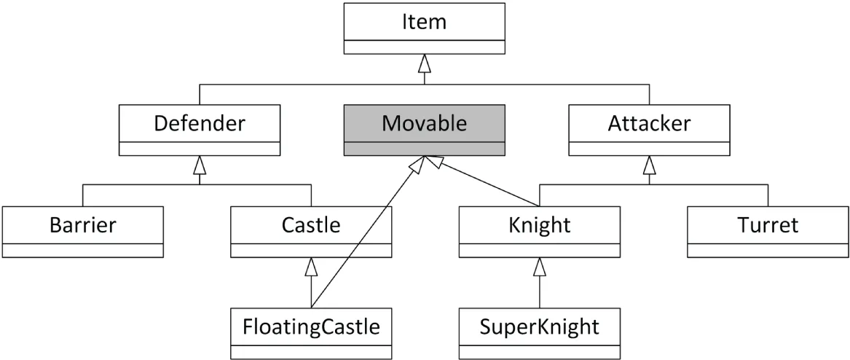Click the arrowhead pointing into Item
click(424, 64)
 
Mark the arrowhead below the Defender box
click(199, 165)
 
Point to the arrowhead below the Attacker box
click(649, 165)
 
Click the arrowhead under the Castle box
click(311, 267)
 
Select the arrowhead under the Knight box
click(540, 267)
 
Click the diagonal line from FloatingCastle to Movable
click(364, 233)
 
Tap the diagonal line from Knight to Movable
click(488, 182)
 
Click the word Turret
click(768, 225)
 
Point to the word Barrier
click(82, 225)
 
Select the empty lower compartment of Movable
click(424, 149)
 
